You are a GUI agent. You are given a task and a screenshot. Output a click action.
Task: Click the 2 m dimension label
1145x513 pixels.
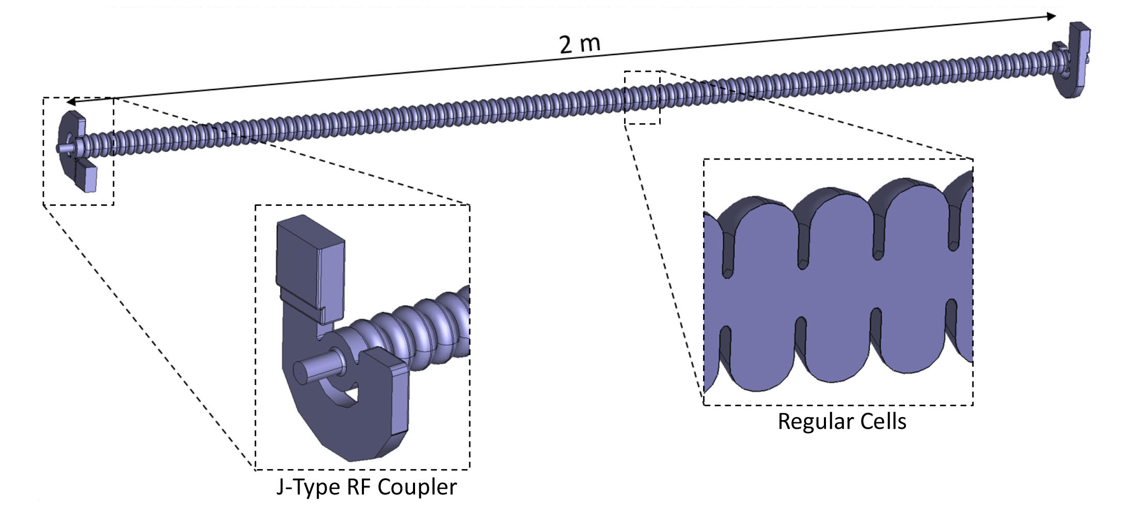click(x=580, y=44)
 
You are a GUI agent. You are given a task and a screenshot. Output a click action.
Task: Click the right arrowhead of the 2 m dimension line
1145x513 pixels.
click(x=1051, y=17)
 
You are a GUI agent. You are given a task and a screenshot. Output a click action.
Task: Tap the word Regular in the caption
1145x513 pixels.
click(x=809, y=422)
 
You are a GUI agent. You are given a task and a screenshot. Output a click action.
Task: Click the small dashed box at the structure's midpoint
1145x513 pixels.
click(x=642, y=98)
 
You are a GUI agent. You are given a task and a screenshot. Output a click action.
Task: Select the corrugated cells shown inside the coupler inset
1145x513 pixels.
click(x=423, y=325)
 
